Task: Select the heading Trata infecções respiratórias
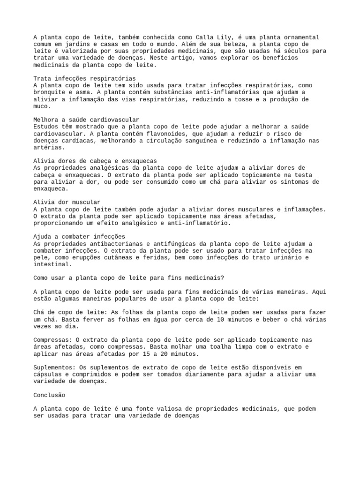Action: [x=85, y=78]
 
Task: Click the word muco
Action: [x=41, y=106]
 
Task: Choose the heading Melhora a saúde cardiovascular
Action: [x=87, y=120]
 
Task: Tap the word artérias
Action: [x=47, y=147]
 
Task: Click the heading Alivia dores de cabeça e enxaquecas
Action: [x=95, y=161]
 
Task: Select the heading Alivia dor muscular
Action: [x=67, y=202]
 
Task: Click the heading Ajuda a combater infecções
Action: [x=79, y=237]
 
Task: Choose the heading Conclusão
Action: [x=49, y=395]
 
